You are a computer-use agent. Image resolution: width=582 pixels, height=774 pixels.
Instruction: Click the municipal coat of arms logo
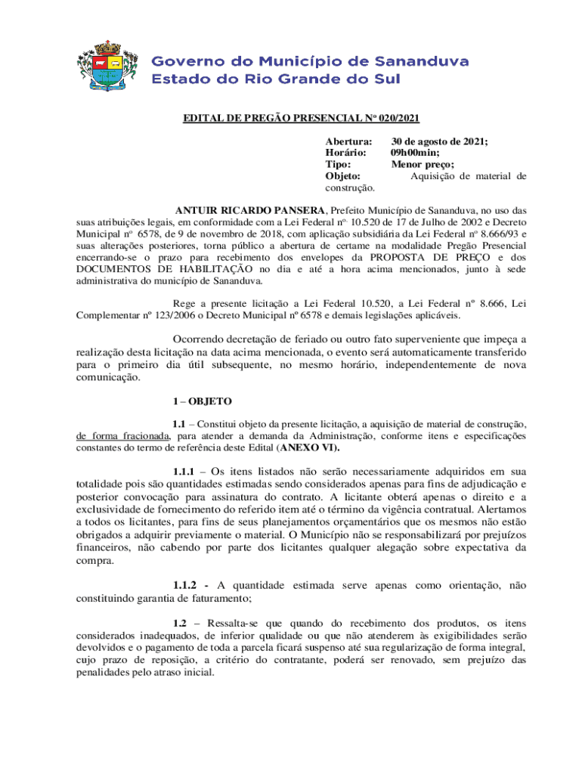pos(110,61)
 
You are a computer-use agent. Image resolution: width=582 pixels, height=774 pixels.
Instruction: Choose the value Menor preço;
pos(422,164)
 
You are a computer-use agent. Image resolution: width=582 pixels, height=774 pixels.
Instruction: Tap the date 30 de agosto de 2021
pos(438,141)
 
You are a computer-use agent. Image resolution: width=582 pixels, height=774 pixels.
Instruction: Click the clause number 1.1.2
pos(189,584)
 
